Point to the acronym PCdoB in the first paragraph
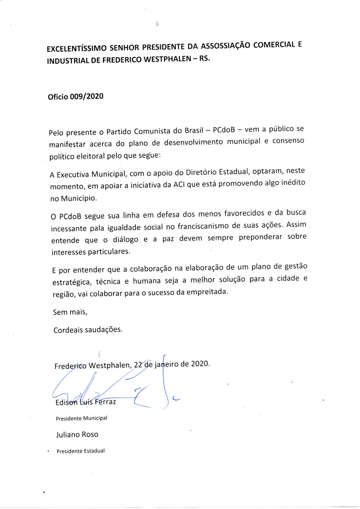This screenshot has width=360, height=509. [x=224, y=130]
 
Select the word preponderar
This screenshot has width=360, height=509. [x=260, y=237]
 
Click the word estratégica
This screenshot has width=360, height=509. [x=72, y=282]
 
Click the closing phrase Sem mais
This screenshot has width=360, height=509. [x=70, y=312]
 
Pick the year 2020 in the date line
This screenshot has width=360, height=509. [x=200, y=364]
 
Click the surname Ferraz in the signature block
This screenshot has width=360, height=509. [x=105, y=402]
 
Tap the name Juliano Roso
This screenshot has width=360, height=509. [x=77, y=434]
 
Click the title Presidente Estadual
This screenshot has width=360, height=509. [x=80, y=451]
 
